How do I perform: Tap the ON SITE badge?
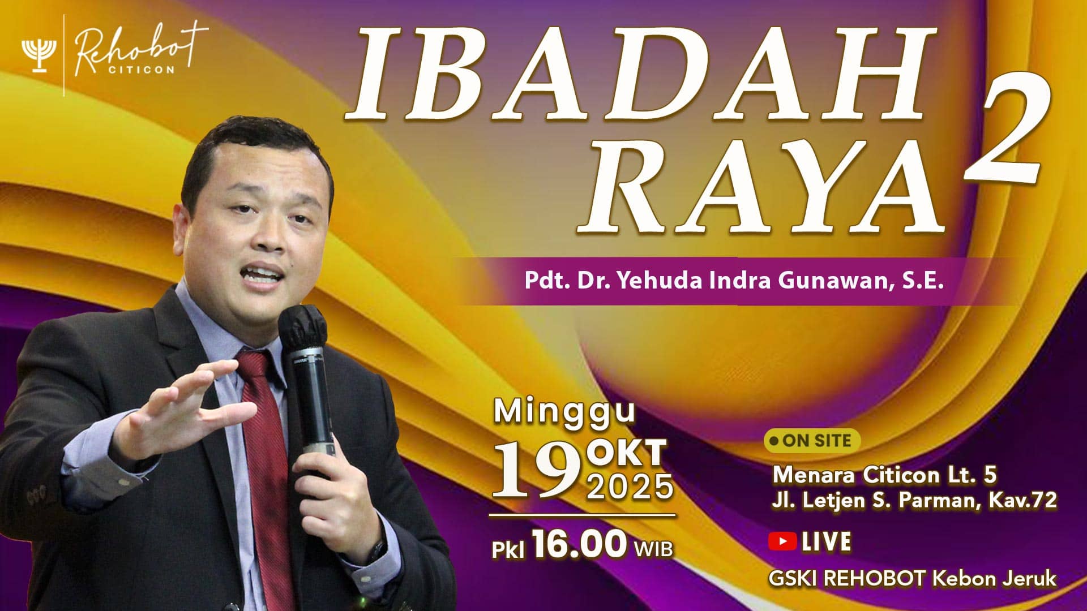(812, 441)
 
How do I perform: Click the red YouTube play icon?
(782, 541)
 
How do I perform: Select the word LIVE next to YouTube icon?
(826, 541)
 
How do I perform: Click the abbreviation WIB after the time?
(653, 548)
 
